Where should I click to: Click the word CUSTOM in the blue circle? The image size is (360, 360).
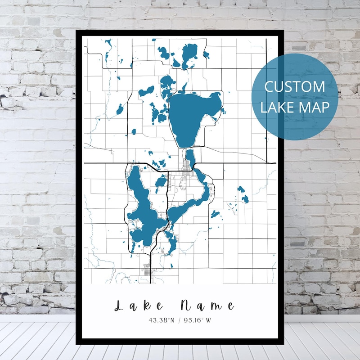[x=294, y=86]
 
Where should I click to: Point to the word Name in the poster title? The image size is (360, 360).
[x=207, y=306]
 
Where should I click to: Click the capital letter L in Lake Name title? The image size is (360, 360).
[x=120, y=306]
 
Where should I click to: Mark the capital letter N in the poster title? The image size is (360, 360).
[x=186, y=306]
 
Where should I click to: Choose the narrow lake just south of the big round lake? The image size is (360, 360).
[x=190, y=158]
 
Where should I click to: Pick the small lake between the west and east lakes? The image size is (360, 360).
[x=161, y=182]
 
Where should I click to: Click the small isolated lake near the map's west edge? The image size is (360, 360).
[x=120, y=109]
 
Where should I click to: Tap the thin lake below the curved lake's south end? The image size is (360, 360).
[x=171, y=243]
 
